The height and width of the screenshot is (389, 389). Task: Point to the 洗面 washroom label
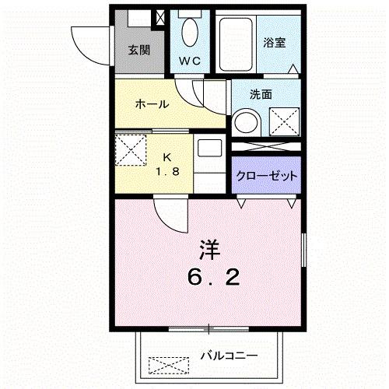261,95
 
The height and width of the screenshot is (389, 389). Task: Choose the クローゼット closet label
267,176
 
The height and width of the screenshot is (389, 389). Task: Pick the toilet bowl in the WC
188,33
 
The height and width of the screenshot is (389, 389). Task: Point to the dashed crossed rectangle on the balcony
169,364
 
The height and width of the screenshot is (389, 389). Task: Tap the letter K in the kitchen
167,156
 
